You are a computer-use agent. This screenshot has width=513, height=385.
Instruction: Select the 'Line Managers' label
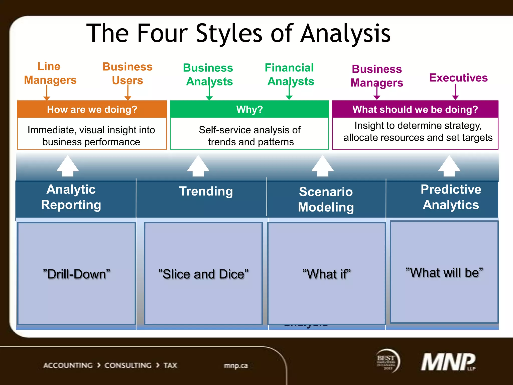coord(50,73)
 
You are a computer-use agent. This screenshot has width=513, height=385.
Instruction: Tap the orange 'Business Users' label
coord(127,73)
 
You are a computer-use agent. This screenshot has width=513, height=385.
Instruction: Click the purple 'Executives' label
coord(458,78)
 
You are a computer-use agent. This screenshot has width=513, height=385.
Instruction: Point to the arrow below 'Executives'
coord(455,92)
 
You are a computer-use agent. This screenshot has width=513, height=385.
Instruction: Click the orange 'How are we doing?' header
coord(92,110)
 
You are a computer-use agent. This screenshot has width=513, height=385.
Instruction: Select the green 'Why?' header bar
coord(249,110)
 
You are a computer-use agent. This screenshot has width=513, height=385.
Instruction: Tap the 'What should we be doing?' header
coord(415,110)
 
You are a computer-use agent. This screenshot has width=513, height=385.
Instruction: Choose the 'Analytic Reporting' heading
coord(71,197)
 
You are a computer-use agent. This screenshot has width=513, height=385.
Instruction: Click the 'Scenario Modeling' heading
coord(326,199)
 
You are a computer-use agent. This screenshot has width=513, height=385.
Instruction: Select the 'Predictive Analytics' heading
coord(451,197)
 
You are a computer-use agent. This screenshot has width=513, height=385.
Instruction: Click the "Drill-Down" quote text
coord(77,274)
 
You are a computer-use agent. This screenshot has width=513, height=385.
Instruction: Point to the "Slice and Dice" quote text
coord(203,274)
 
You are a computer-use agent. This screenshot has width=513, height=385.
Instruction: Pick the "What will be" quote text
coord(444,272)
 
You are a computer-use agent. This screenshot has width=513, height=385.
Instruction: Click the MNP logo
coord(448,362)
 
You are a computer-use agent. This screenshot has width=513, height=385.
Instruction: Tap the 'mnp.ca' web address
coord(236,366)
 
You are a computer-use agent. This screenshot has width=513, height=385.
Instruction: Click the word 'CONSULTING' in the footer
coord(128,365)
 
